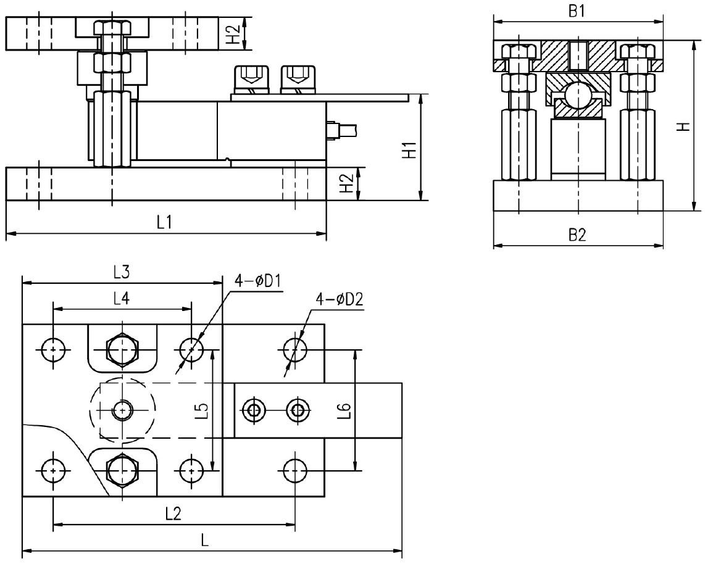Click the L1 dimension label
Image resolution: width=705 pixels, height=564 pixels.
164,223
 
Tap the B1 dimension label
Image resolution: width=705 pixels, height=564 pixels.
577,12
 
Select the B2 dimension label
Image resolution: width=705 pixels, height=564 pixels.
577,235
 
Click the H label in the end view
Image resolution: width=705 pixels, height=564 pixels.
682,126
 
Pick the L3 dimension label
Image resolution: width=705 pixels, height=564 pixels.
121,271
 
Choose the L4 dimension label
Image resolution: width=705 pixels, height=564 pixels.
121,299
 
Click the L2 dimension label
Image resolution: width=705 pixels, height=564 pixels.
173,513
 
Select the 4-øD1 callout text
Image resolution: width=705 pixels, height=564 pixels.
257,281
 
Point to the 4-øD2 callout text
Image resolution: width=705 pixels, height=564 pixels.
339,299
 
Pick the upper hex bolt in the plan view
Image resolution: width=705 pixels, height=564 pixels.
122,350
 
